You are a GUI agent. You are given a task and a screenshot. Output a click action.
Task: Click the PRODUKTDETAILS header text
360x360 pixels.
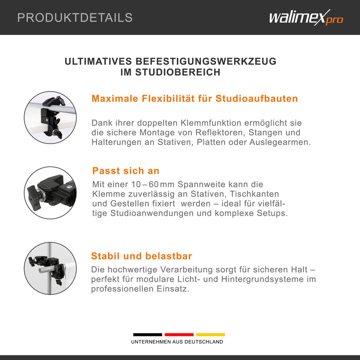[x=75, y=17]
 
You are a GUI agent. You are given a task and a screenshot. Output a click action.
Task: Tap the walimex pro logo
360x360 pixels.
[x=306, y=17]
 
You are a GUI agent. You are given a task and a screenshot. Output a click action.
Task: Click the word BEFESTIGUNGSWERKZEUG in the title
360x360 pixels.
[x=206, y=61]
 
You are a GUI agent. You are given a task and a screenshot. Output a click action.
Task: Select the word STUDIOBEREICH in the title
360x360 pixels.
[x=178, y=72]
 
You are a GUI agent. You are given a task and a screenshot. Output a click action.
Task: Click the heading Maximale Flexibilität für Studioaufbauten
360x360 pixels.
[x=195, y=99]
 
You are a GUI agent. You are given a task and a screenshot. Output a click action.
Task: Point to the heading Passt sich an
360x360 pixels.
[x=126, y=171]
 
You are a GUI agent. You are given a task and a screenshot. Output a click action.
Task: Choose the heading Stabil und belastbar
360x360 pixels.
[x=141, y=256]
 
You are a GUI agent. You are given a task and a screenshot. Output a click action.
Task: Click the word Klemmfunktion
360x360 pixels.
[x=211, y=123]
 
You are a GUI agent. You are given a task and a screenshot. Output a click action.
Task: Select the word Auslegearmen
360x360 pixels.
[x=280, y=142]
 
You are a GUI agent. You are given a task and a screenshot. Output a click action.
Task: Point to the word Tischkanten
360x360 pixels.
[x=254, y=194]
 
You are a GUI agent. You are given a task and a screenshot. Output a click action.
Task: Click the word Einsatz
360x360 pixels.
[x=173, y=289]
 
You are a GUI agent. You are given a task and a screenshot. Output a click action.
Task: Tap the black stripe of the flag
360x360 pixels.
[x=148, y=334]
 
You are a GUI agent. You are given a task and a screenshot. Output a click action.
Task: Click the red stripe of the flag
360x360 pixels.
[x=179, y=334]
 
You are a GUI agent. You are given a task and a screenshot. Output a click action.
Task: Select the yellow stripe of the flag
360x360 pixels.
[x=210, y=334]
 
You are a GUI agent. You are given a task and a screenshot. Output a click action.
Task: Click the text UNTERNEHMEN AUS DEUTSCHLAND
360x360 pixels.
[x=177, y=342]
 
